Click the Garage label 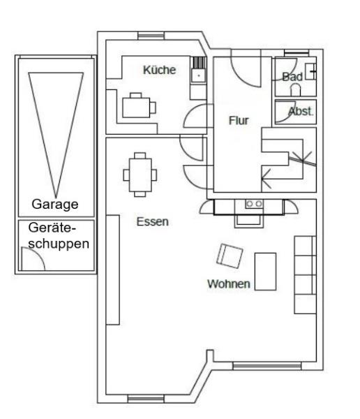coord(55,205)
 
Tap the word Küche coord(160,70)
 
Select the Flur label coord(239,121)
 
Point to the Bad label coord(292,77)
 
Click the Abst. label coord(301,112)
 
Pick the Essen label coord(153,222)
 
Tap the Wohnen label coord(229,284)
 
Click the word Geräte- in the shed coord(52,228)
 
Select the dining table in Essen coord(140,175)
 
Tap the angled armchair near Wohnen coord(230,256)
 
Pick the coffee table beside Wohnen coord(265,272)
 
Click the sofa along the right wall coord(306,274)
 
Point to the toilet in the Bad coord(295,90)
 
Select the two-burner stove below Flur coord(254,204)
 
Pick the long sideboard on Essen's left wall coord(113,270)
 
